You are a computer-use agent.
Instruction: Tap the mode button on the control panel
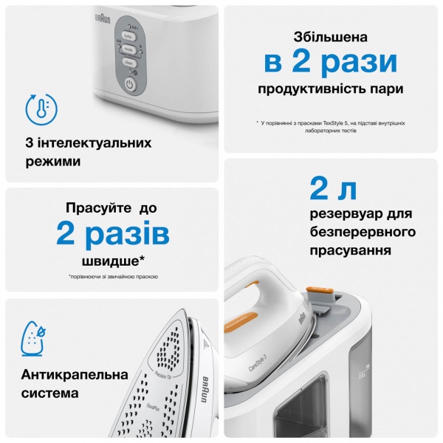128,49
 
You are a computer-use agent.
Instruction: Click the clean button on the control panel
128,63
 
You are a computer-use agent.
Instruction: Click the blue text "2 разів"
112,235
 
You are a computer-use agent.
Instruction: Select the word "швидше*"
112,261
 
